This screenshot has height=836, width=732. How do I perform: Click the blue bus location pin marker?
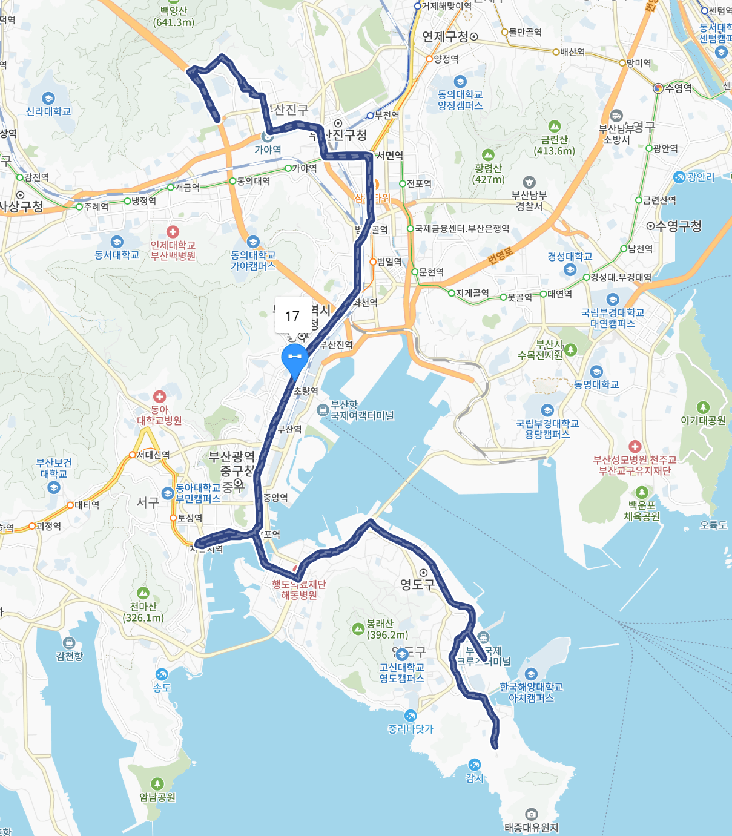click(295, 358)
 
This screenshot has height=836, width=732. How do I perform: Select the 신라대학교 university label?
click(48, 111)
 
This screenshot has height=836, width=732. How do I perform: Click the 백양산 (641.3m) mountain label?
click(174, 17)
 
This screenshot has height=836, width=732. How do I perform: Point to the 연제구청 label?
click(446, 36)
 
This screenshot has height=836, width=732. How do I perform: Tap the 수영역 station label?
click(678, 88)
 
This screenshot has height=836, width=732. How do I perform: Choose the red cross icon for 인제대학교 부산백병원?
click(173, 232)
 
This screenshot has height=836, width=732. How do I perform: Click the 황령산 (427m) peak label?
click(489, 173)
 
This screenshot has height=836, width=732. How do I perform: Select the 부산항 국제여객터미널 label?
click(362, 410)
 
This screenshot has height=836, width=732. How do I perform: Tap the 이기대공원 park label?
click(703, 420)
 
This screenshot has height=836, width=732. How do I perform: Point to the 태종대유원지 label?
click(532, 827)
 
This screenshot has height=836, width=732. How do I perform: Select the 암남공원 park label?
click(157, 797)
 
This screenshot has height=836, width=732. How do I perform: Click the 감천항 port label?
click(69, 656)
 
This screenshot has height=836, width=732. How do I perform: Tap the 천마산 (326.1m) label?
click(143, 611)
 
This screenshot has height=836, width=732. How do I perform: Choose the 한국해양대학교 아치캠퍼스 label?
click(531, 692)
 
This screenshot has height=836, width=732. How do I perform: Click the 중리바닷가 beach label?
click(411, 729)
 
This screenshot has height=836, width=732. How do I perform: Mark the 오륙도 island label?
click(713, 525)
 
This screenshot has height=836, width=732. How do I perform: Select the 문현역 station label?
click(431, 272)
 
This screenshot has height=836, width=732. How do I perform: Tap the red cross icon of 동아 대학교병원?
click(159, 397)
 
